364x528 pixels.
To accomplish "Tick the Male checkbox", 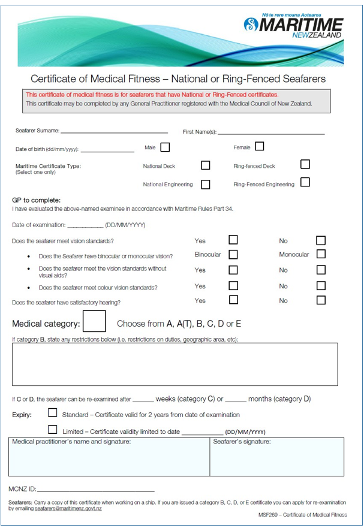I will (165, 147).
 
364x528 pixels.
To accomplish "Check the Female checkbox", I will (259, 146).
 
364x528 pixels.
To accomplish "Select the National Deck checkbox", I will (206, 165).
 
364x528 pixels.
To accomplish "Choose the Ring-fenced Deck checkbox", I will (305, 164).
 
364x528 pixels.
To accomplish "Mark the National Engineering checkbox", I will (206, 184).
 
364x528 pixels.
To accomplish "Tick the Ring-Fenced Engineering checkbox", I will (305, 182).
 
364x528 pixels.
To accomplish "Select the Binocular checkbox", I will (233, 254).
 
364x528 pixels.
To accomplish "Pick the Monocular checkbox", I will (321, 254).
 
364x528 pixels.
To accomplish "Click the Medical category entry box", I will (94, 321).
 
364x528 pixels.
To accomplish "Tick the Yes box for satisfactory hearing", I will (233, 300).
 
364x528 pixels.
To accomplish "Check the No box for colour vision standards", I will (321, 286).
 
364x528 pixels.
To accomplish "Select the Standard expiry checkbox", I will (53, 413).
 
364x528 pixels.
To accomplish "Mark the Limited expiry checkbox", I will (53, 430).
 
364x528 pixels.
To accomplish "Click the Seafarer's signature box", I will (276, 458).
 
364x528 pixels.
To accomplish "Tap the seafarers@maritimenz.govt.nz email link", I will (68, 508).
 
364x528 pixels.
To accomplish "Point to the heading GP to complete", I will (37, 200).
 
